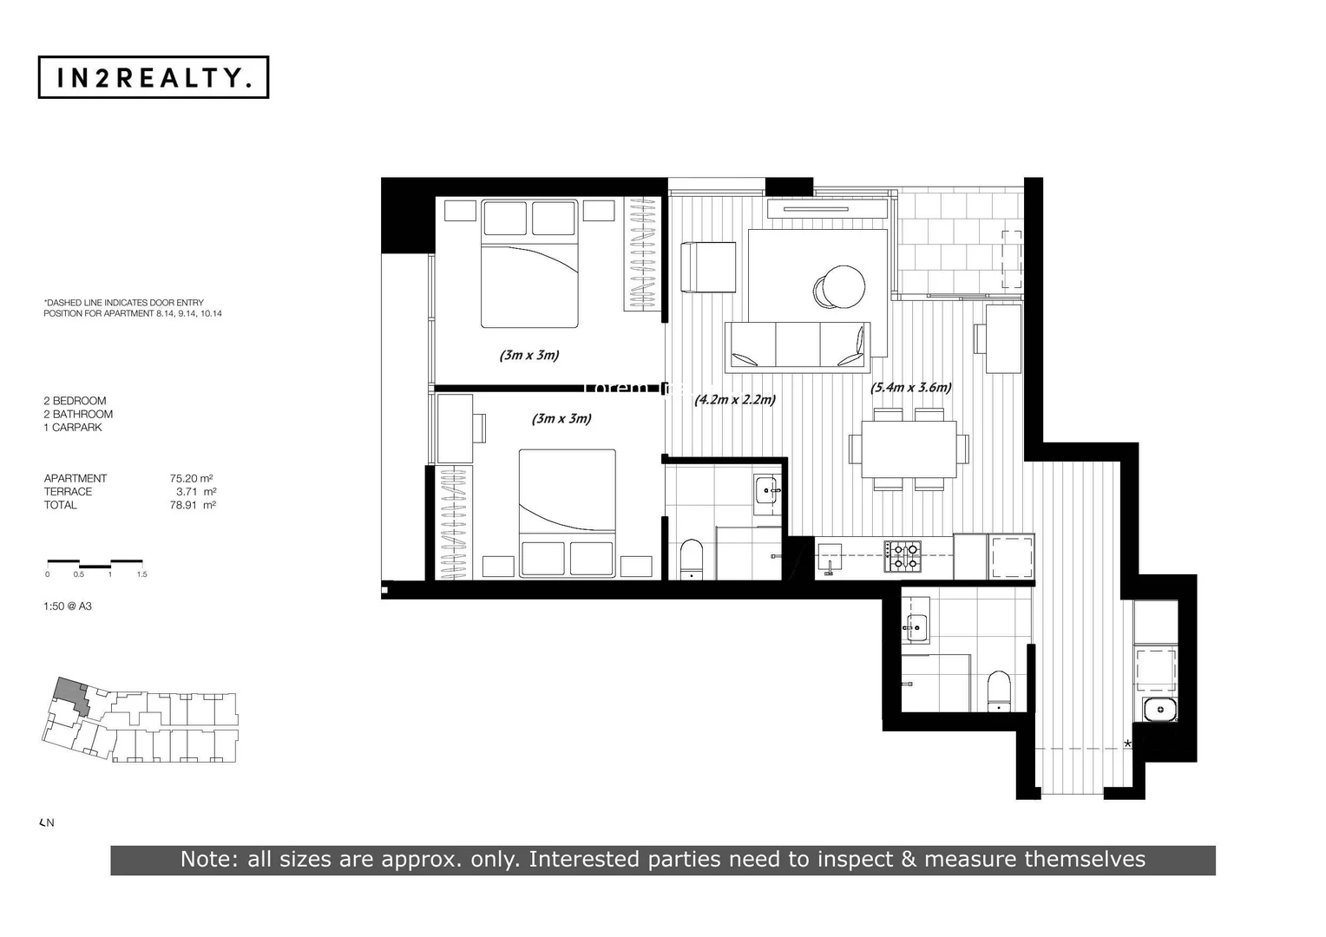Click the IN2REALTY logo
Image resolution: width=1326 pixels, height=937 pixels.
pos(154,77)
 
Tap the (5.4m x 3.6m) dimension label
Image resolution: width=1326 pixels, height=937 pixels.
pos(910,387)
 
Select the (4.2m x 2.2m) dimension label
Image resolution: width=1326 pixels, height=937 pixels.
pos(734,399)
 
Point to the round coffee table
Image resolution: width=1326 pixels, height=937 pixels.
pos(839,285)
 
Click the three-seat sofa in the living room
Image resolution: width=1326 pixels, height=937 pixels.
pos(797,344)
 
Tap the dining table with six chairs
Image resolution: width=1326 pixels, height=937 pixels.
pos(909,449)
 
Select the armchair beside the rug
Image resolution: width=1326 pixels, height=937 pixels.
pos(707,267)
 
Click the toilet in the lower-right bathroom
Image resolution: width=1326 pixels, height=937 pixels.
pos(1000,691)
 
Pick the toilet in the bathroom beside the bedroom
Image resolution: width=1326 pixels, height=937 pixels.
pos(692,559)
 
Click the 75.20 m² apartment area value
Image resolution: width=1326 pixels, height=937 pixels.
pos(192,478)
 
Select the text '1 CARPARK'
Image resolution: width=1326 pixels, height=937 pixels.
pos(73,427)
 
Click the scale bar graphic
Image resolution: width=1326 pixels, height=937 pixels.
pos(95,563)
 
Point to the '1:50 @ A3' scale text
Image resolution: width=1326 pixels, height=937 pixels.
pos(68,606)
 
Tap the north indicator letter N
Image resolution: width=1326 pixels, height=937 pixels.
pos(50,822)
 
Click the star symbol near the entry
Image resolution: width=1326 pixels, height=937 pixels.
pos(1127,744)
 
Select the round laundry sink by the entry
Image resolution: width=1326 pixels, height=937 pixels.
pos(1159,710)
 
